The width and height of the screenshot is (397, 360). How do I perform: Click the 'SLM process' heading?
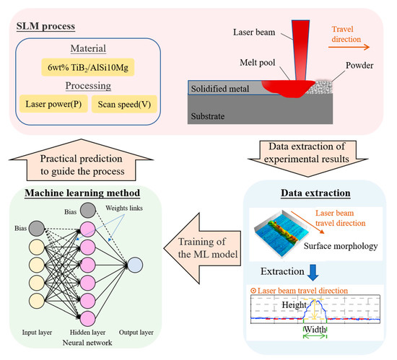click(45, 26)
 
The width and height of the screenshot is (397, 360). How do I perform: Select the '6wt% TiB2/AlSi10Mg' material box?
click(88, 68)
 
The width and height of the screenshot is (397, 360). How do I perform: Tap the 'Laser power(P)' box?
click(53, 104)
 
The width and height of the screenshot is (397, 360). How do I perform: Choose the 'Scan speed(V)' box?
click(124, 104)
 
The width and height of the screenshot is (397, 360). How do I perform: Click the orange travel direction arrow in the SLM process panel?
click(349, 47)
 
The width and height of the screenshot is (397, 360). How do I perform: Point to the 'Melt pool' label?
click(258, 63)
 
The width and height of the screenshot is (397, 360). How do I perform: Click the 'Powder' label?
click(359, 66)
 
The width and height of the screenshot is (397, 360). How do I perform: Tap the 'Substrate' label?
click(208, 116)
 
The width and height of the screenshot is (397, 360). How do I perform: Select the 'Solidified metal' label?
click(219, 89)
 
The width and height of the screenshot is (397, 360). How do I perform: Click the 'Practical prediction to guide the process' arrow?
click(81, 161)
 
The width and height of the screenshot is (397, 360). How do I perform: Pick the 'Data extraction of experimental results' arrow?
click(308, 158)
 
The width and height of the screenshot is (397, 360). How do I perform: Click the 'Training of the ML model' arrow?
click(203, 248)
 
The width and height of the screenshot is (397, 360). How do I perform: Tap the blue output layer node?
click(135, 265)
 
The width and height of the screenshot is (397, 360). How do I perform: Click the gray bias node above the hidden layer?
click(88, 210)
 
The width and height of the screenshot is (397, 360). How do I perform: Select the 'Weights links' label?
click(124, 208)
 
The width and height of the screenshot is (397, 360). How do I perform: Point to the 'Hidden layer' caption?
click(87, 332)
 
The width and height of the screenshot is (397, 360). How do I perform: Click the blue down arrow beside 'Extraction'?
click(313, 273)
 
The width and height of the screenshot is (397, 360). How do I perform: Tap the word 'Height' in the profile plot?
click(295, 305)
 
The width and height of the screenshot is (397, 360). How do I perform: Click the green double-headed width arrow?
click(315, 336)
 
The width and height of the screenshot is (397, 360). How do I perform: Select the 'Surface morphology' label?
click(341, 246)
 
